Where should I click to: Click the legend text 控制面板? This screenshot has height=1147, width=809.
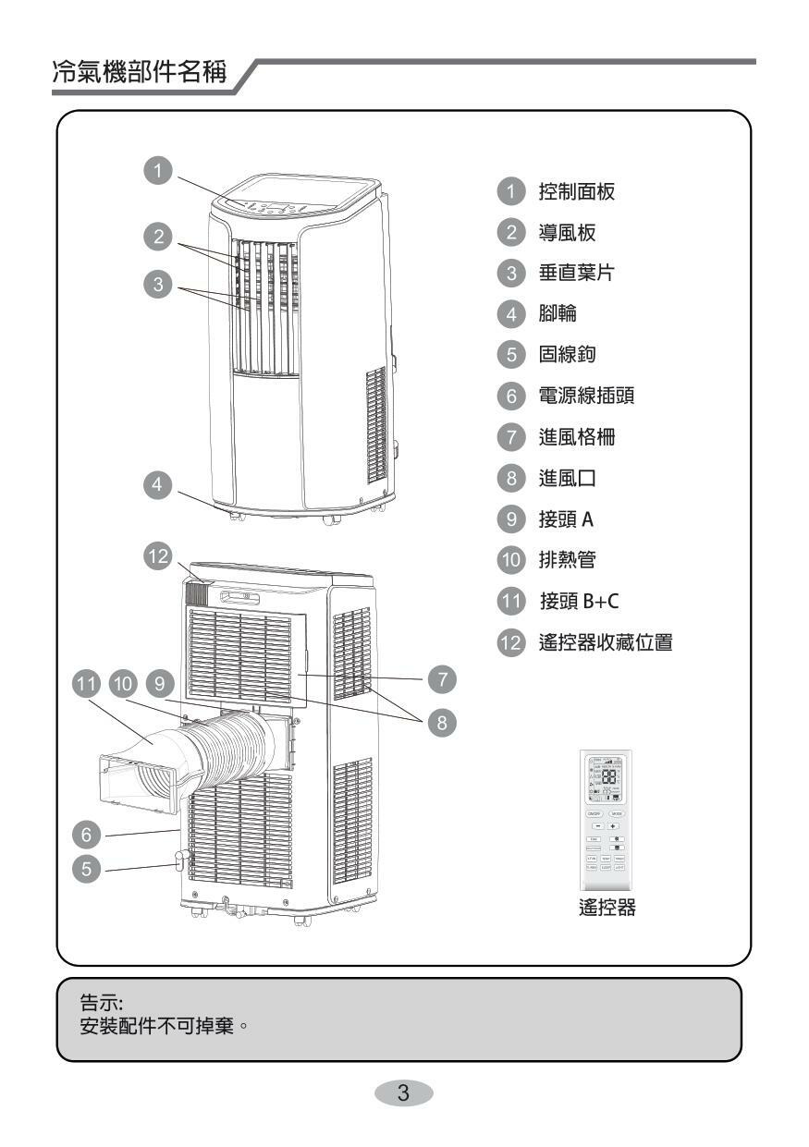575,192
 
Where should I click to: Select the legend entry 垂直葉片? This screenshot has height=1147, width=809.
575,274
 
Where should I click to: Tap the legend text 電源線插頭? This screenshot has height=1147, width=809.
585,397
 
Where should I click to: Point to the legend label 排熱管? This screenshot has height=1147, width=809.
566,559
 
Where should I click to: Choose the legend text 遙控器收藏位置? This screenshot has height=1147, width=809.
605,642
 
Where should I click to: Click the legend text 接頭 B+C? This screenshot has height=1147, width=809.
580,602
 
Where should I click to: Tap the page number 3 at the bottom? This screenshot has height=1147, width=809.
404,1093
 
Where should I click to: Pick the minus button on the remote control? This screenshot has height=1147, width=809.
596,825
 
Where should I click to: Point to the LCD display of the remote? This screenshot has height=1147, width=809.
604,777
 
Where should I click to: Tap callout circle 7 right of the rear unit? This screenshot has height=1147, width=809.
442,678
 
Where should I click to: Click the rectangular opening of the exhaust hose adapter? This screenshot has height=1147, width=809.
137,782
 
